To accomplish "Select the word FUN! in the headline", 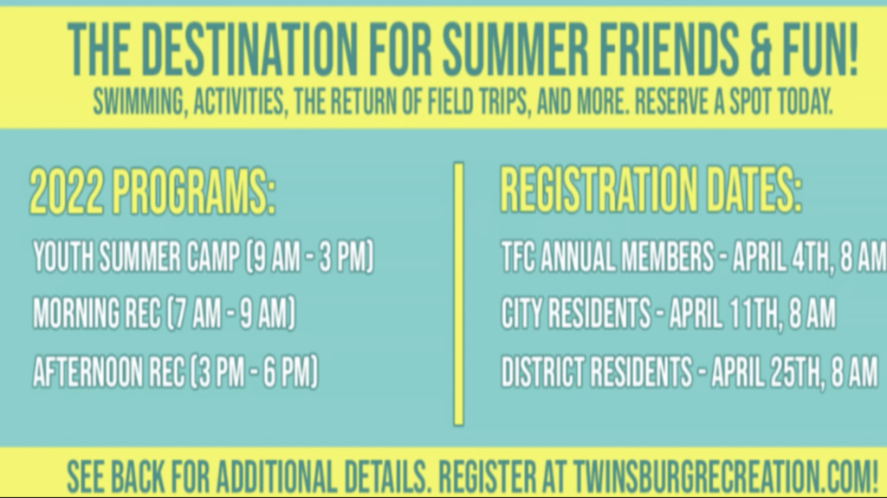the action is [x=821, y=50].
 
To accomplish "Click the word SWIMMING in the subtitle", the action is [x=139, y=102].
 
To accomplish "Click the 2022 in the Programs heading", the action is [x=67, y=191].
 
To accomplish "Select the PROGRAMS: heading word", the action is [x=193, y=191].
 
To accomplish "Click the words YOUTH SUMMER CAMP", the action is [x=136, y=257].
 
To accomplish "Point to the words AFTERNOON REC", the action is [x=108, y=372].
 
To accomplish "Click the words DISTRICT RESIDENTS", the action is [x=597, y=372].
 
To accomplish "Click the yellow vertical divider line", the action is [x=459, y=294].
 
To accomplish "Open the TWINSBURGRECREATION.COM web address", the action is [x=725, y=476].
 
